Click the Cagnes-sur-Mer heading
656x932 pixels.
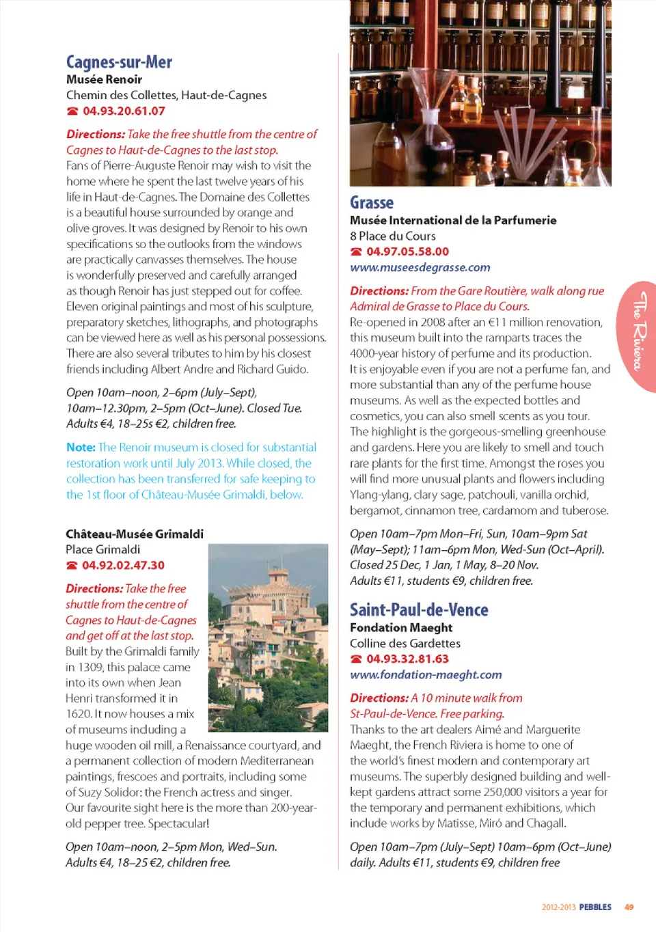pyautogui.click(x=119, y=62)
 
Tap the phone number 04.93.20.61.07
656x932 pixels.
pyautogui.click(x=124, y=111)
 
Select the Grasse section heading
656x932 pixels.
pyautogui.click(x=372, y=203)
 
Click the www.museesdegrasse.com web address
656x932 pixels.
pyautogui.click(x=420, y=267)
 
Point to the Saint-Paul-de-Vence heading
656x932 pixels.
pyautogui.click(x=419, y=609)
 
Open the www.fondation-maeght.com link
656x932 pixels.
pyautogui.click(x=426, y=674)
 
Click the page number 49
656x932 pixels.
pyautogui.click(x=629, y=907)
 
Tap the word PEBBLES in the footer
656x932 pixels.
pyautogui.click(x=595, y=907)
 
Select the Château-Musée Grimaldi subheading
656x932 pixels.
pyautogui.click(x=135, y=534)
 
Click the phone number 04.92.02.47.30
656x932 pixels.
pyautogui.click(x=123, y=565)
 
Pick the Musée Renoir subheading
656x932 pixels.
pyautogui.click(x=104, y=79)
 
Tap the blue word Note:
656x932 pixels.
pyautogui.click(x=81, y=447)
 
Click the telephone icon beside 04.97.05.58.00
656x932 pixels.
pyautogui.click(x=356, y=252)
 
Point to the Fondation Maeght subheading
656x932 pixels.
pyautogui.click(x=401, y=627)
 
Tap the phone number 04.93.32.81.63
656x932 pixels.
pyautogui.click(x=407, y=659)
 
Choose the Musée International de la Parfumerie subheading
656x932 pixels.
pyautogui.click(x=453, y=220)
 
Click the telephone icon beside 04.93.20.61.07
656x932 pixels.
pyautogui.click(x=72, y=111)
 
